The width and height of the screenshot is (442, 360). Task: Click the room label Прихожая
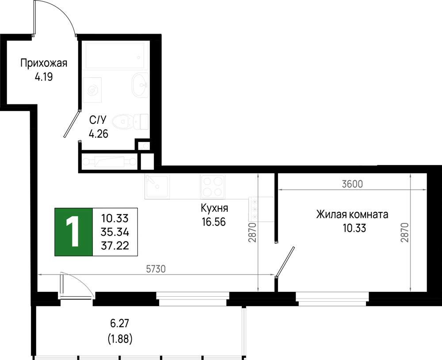pyautogui.click(x=44, y=63)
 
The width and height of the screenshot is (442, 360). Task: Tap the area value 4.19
pyautogui.click(x=44, y=77)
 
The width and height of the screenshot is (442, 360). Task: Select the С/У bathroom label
pyautogui.click(x=98, y=120)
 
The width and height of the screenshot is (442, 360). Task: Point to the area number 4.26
pyautogui.click(x=99, y=134)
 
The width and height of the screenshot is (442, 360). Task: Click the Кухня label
pyautogui.click(x=214, y=208)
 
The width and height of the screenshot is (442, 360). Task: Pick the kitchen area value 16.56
pyautogui.click(x=213, y=222)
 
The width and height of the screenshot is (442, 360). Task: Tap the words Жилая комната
pyautogui.click(x=352, y=214)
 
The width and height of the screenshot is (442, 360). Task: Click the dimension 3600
pyautogui.click(x=352, y=184)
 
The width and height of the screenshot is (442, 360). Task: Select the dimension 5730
pyautogui.click(x=156, y=269)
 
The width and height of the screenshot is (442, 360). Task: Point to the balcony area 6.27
pyautogui.click(x=119, y=323)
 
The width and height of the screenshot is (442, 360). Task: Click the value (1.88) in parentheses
pyautogui.click(x=120, y=339)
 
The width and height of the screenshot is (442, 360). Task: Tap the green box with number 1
pyautogui.click(x=73, y=232)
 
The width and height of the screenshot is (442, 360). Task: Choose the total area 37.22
pyautogui.click(x=115, y=245)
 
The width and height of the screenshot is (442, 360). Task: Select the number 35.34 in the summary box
pyautogui.click(x=115, y=232)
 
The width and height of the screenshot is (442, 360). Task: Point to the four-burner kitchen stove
pyautogui.click(x=213, y=187)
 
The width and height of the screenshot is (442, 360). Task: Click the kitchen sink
pyautogui.click(x=157, y=187)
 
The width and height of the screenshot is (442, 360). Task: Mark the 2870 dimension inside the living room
pyautogui.click(x=404, y=232)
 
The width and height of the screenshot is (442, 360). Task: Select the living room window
pyautogui.click(x=332, y=299)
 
